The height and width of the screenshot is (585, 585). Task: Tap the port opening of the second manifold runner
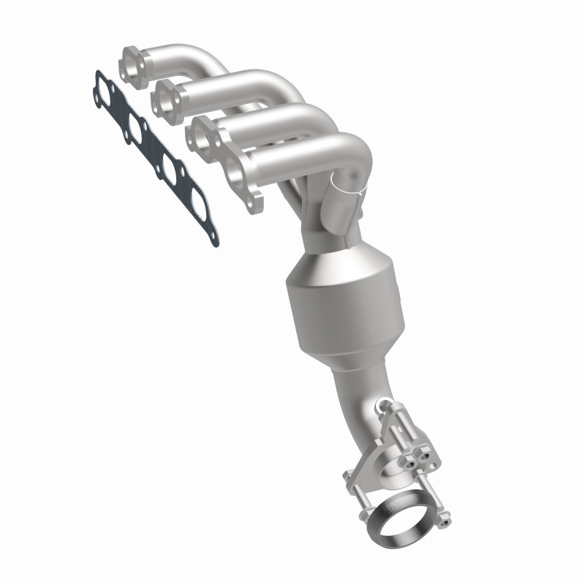point(167,98)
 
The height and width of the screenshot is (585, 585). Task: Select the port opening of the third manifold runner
point(201,136)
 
